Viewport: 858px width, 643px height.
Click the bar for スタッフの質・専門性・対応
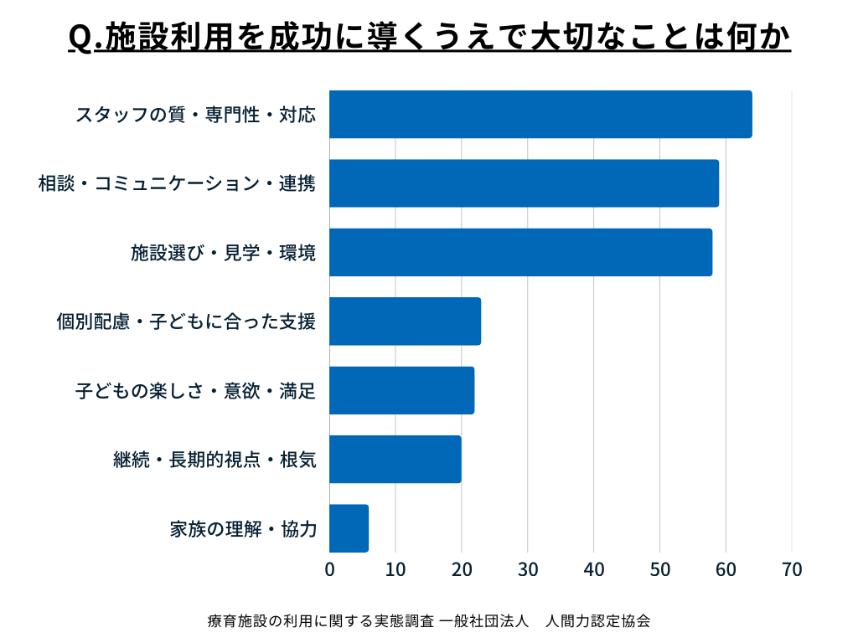pos(540,115)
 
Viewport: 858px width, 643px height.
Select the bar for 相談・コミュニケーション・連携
pos(524,183)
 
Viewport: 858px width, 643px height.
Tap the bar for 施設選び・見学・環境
pos(520,252)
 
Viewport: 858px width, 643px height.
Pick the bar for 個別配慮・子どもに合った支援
pos(405,321)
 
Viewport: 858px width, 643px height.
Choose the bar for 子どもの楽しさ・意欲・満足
pos(401,390)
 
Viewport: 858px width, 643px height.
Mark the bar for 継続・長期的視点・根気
pos(395,459)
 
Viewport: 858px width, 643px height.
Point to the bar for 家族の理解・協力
pos(349,528)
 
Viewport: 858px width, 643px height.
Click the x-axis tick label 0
pos(329,570)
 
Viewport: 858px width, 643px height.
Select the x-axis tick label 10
pos(395,570)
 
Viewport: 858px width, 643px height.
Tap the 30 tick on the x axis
pos(528,570)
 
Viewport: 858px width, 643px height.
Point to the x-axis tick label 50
pos(659,570)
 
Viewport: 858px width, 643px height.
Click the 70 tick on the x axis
pos(792,570)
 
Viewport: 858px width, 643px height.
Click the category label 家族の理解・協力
pos(242,529)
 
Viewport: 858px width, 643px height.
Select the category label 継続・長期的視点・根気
pos(214,460)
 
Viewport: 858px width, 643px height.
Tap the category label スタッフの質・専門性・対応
pos(195,115)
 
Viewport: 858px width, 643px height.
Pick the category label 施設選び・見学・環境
pos(223,253)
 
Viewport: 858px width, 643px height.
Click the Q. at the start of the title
pos(80,39)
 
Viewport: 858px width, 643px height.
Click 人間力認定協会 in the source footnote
pos(597,621)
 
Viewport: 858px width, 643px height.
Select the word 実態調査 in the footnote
pos(404,621)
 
